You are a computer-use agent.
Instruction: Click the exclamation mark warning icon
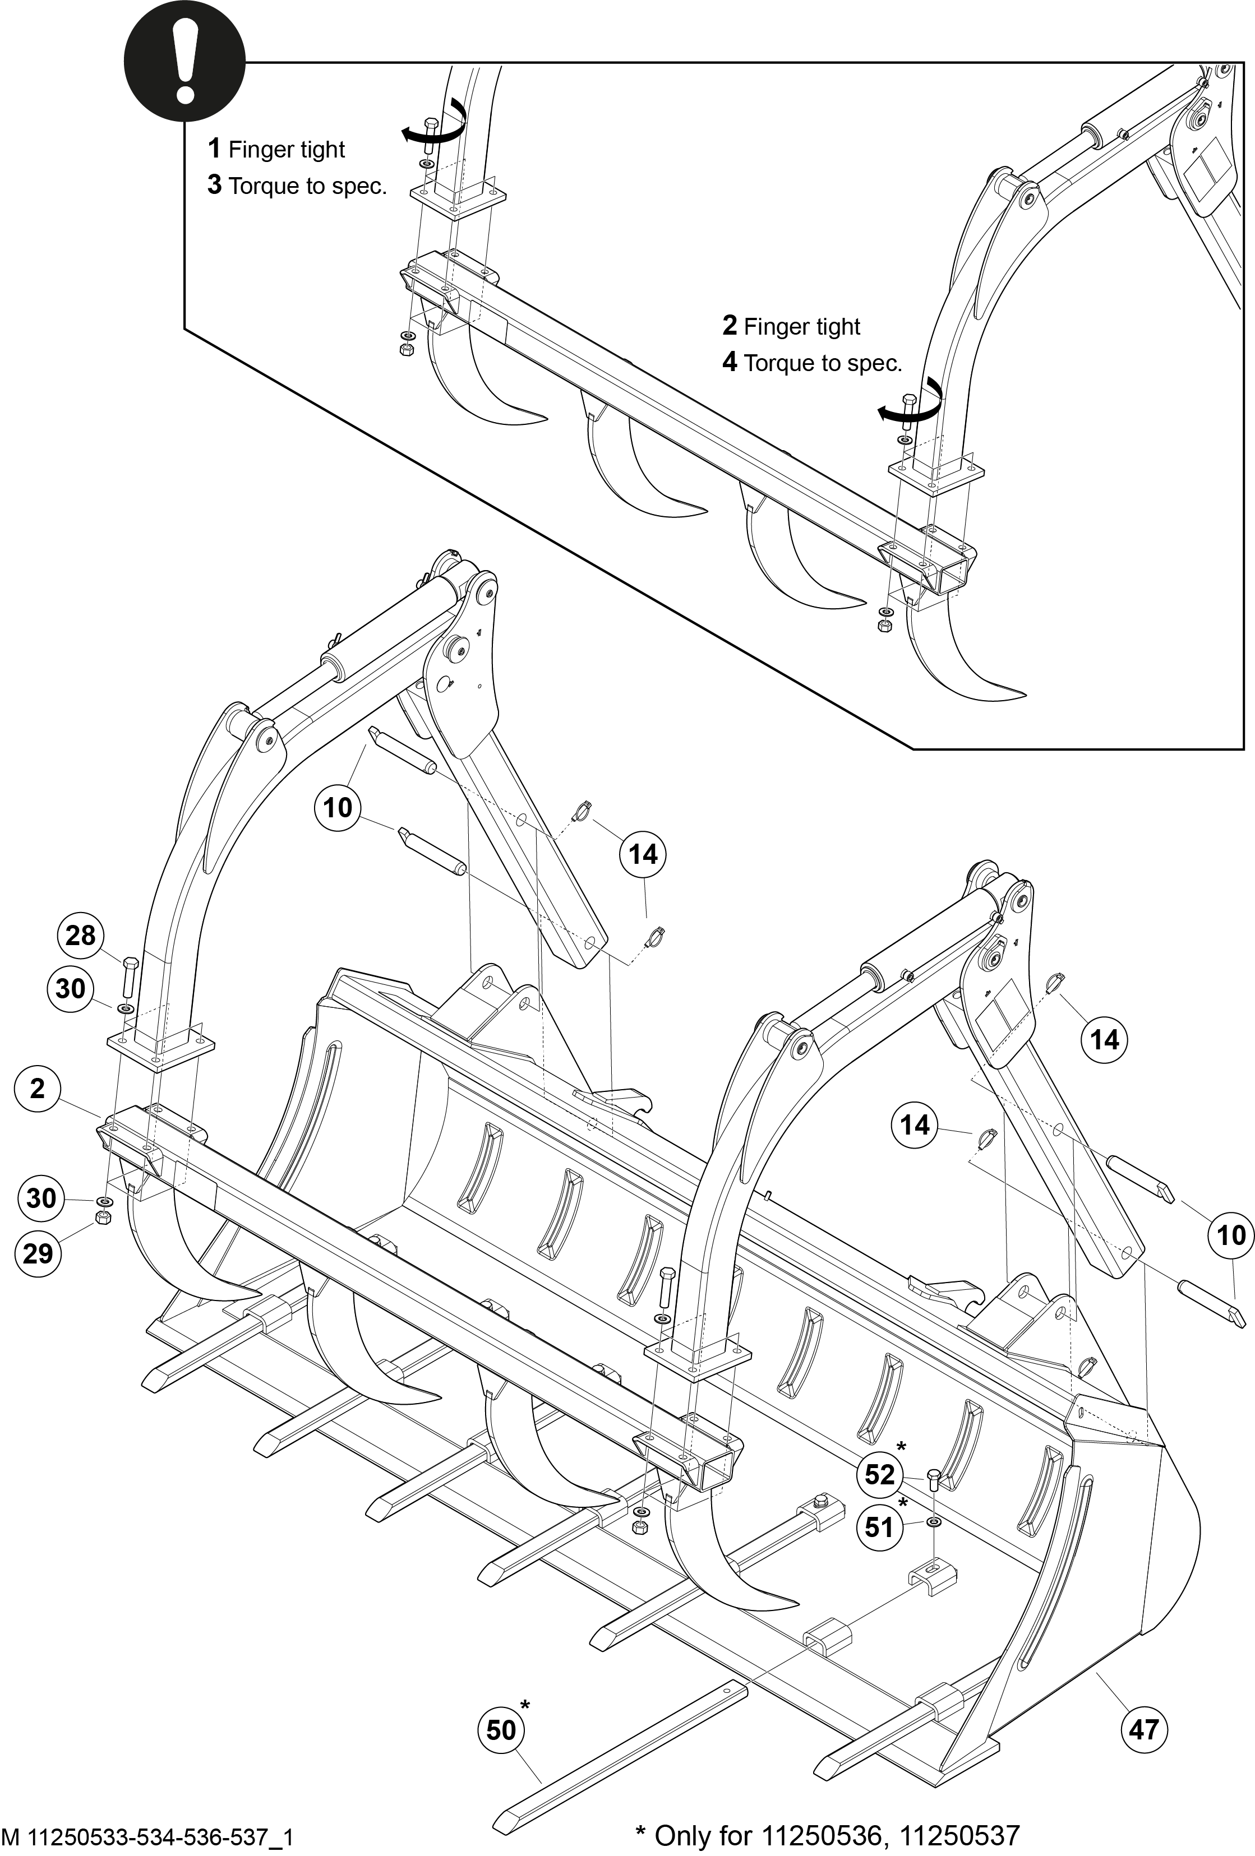coord(184,62)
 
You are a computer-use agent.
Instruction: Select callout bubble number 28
coord(80,935)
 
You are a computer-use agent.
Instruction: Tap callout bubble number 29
coord(38,1253)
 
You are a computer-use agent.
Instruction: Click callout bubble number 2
coord(38,1087)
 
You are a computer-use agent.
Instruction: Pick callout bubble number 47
coord(1144,1729)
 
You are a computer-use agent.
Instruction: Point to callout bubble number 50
coord(502,1730)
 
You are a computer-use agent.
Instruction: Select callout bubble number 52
coord(879,1474)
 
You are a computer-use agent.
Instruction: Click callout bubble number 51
coord(879,1527)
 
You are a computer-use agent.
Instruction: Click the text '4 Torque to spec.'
coord(811,363)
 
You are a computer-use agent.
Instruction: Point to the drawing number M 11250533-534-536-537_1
coord(149,1837)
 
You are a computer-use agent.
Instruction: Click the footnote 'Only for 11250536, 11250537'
coord(828,1835)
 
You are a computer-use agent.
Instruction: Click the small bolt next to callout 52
coord(933,1480)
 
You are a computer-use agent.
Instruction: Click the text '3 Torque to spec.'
coord(297,186)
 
